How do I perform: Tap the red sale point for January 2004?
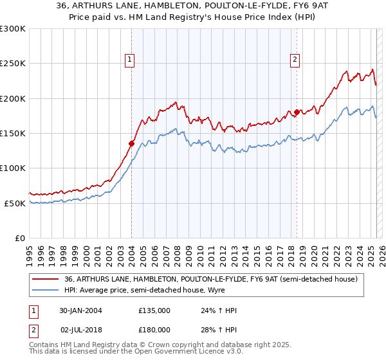point(131,143)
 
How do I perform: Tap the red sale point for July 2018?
point(297,113)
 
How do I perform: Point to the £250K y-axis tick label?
point(13,64)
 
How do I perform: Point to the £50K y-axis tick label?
point(15,203)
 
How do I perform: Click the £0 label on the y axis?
point(21,238)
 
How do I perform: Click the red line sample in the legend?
point(46,278)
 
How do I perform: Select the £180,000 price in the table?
point(154,329)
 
